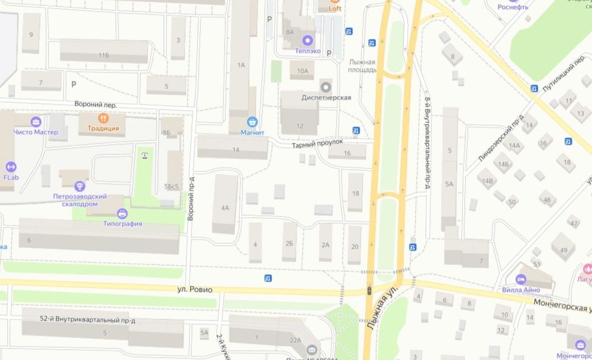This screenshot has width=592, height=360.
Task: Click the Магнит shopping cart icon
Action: click(252, 122)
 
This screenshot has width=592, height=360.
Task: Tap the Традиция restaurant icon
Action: click(103, 118)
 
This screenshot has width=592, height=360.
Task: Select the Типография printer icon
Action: click(122, 213)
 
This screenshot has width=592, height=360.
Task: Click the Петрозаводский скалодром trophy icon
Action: click(79, 186)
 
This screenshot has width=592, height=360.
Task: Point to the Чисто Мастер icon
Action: click(35, 122)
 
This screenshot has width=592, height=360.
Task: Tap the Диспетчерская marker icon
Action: click(326, 87)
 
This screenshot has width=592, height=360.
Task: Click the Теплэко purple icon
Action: click(308, 41)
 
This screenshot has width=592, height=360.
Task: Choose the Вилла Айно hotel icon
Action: click(520, 279)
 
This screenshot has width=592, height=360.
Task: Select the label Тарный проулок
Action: click(317, 142)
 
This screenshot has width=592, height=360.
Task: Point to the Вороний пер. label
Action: click(95, 105)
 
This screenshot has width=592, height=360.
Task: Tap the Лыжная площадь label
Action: click(362, 66)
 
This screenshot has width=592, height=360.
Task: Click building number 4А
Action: click(225, 208)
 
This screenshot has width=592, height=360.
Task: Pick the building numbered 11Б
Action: click(104, 56)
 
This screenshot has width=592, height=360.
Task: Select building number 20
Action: click(354, 246)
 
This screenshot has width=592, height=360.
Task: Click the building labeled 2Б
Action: click(290, 244)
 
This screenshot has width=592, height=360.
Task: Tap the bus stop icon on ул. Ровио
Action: click(268, 278)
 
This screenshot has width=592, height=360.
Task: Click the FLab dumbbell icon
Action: click(10, 167)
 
